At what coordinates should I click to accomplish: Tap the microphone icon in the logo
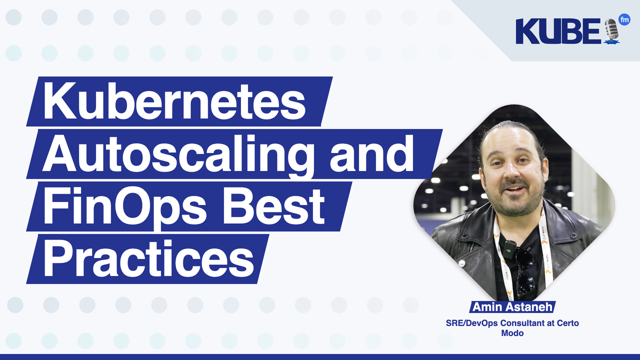point(611,31)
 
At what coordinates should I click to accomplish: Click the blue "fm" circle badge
point(624,20)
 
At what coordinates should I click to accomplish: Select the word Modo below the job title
point(512,333)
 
